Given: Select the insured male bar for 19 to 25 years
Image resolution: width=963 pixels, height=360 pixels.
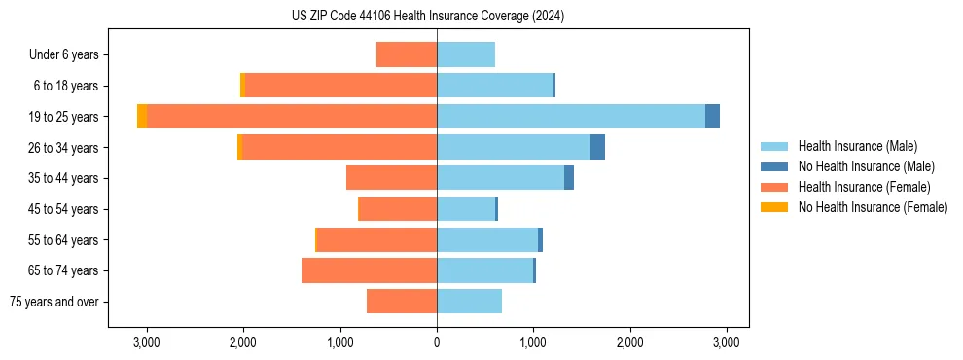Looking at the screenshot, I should pos(571,117).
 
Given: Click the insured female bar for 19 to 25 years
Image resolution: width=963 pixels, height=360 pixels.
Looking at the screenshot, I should pos(292,117).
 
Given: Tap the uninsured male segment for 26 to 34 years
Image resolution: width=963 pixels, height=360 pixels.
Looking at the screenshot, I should pos(597,148).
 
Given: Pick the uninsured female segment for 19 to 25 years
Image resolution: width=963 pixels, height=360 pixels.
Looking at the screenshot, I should pos(142,117).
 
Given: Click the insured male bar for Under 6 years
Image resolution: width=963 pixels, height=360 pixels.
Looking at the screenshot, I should pos(466,55).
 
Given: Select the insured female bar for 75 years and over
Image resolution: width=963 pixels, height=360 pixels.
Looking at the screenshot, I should pos(402,302).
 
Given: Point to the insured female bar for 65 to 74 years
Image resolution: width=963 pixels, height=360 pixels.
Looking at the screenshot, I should pos(370,270).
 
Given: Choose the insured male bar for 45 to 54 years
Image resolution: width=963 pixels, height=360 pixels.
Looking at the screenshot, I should pos(466,209).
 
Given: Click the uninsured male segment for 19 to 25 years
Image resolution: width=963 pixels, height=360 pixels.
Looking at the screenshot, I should pos(712,117).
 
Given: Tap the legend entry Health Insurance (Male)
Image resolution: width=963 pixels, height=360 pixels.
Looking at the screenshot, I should pos(857,146).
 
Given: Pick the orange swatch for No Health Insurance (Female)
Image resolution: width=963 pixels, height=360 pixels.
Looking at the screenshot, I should pos(774,207).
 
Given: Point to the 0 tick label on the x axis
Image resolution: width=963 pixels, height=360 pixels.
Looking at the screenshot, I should pos(437,342).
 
